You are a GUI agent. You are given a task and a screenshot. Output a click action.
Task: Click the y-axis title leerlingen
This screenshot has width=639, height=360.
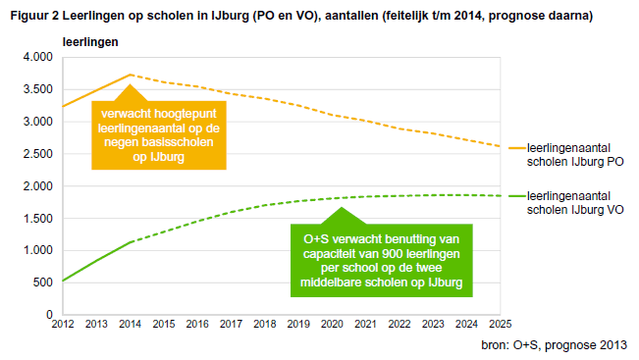click(x=90, y=42)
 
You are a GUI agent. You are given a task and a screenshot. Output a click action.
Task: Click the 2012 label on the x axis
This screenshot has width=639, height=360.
click(x=62, y=325)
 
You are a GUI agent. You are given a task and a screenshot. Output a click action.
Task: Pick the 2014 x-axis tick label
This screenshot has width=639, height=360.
click(x=130, y=325)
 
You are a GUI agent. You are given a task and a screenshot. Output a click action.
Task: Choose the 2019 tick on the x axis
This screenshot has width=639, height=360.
click(x=299, y=325)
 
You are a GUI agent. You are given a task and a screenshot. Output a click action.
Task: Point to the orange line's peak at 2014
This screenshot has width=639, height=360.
click(x=130, y=75)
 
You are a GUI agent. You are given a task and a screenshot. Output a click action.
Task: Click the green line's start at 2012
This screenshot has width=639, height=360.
click(x=62, y=282)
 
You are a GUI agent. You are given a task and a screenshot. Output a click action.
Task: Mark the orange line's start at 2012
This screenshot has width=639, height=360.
click(x=62, y=106)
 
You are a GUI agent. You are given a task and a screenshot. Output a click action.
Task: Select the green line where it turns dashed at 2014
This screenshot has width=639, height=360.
click(x=130, y=241)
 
